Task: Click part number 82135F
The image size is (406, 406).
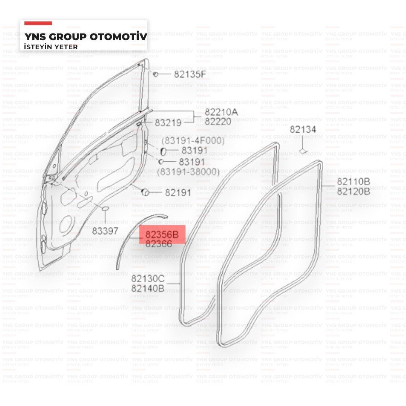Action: tap(190, 74)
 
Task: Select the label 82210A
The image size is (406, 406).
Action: tap(221, 112)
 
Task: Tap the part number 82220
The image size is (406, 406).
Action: tap(218, 121)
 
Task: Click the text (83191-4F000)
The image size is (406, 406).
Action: tap(193, 141)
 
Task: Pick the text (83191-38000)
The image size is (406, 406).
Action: tap(188, 172)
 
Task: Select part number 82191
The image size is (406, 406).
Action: tap(178, 193)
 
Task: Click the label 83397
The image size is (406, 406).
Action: tap(105, 231)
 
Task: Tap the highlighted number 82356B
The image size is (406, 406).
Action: tap(162, 235)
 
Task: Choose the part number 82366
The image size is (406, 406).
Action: tap(159, 244)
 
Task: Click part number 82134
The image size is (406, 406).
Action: tap(303, 130)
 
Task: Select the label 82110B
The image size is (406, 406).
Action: tap(353, 182)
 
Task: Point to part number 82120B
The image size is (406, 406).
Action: tap(353, 191)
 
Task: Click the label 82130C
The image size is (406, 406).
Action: tap(148, 279)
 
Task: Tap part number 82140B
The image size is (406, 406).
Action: tap(148, 288)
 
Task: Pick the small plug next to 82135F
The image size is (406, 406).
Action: tap(155, 74)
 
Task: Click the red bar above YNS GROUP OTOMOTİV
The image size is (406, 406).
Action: tap(38, 23)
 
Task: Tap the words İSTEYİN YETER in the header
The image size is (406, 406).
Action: tap(51, 47)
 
